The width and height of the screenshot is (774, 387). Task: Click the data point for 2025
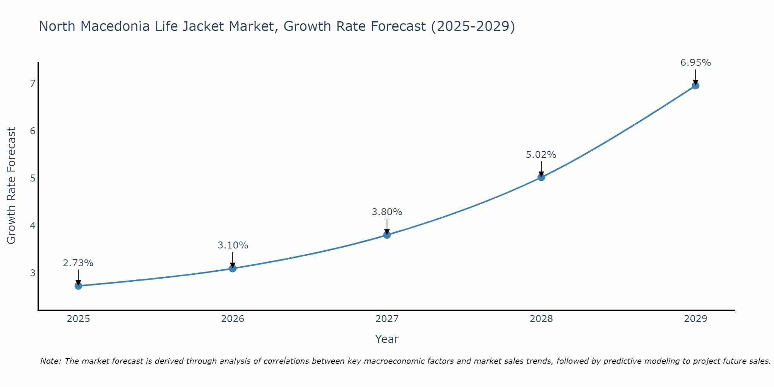[78, 286]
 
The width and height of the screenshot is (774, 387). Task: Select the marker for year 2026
[233, 268]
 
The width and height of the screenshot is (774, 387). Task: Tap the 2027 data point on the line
[387, 235]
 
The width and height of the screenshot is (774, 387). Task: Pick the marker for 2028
[541, 177]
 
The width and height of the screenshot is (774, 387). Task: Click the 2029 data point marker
[695, 86]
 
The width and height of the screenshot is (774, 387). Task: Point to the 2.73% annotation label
[78, 263]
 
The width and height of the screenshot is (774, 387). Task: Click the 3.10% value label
[233, 245]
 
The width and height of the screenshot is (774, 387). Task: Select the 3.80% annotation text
[387, 212]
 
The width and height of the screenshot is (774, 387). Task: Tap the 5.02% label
[541, 155]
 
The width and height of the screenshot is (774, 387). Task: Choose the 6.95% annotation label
[695, 63]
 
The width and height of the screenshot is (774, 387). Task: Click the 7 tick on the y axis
[33, 84]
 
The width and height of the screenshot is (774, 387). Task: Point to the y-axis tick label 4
[33, 226]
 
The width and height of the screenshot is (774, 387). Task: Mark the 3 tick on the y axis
[33, 273]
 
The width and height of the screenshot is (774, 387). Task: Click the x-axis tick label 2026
[233, 319]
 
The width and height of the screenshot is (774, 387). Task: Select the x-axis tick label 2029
[695, 319]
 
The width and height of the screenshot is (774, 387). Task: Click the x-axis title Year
[387, 339]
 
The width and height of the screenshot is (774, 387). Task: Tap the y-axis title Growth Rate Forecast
[12, 186]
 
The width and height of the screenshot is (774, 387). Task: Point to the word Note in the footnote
[50, 361]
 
